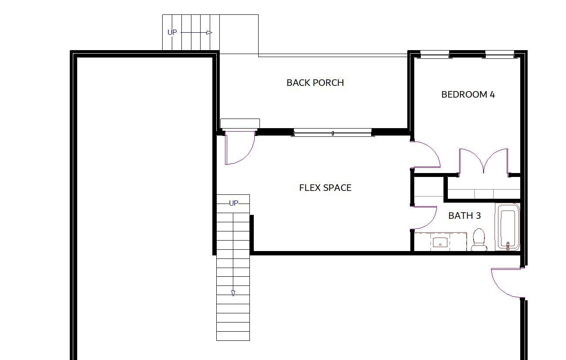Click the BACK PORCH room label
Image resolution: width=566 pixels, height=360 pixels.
[x=315, y=83]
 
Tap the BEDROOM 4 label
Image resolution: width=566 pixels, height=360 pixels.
[x=468, y=95]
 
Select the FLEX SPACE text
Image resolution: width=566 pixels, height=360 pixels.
[x=325, y=188]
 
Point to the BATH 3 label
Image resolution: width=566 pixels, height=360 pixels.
[x=464, y=215]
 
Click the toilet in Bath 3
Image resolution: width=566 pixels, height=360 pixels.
[x=479, y=240]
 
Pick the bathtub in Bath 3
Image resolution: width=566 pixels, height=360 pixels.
[x=508, y=227]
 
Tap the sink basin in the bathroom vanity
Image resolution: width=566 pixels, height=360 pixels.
[x=440, y=242]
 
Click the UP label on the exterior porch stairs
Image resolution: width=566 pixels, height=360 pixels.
[x=172, y=32]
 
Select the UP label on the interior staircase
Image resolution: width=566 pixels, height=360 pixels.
[x=233, y=203]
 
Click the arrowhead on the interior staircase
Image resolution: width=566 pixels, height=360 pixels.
[x=233, y=293]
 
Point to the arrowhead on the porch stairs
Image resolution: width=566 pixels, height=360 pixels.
[x=209, y=32]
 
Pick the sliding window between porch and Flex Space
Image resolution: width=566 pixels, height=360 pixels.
[x=333, y=132]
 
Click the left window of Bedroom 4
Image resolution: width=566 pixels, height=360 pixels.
[x=434, y=54]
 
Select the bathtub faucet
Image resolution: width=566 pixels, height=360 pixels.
[x=508, y=245]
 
